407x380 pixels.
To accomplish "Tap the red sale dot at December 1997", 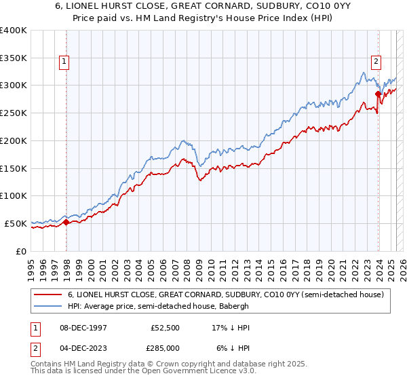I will click(x=66, y=222).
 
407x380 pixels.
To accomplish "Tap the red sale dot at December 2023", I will click(x=377, y=94).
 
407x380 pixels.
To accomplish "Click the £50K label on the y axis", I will click(x=16, y=223).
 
